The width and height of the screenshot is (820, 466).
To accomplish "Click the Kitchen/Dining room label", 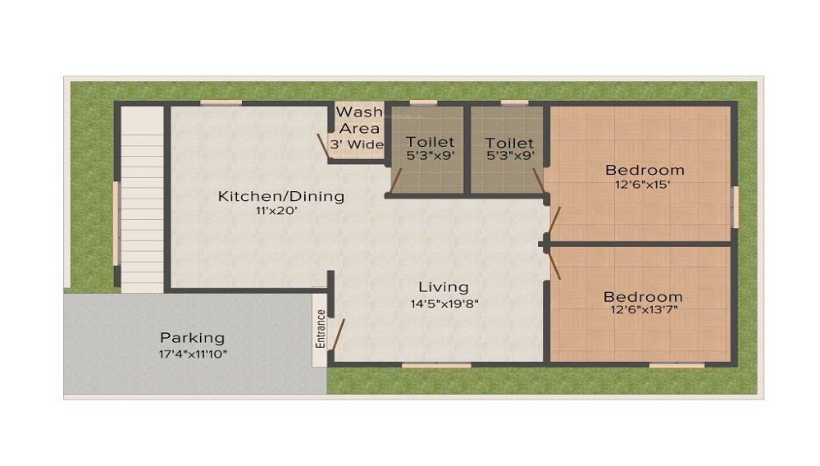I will (x=280, y=196).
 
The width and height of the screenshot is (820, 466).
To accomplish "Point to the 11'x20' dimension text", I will (x=276, y=211).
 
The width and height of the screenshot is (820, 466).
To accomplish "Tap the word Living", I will (x=444, y=287).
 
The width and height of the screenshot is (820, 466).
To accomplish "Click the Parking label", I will (x=192, y=337).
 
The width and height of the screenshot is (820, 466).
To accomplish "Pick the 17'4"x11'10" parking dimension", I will (x=192, y=354).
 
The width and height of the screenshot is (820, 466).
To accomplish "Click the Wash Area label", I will (x=359, y=120).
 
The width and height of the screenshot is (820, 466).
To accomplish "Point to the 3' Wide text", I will (x=357, y=144).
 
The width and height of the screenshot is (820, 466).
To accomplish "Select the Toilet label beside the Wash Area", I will (x=430, y=142).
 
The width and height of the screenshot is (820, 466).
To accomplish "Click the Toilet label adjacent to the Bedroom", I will (x=508, y=142).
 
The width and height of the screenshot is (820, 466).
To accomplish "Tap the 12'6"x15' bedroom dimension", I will (x=645, y=185).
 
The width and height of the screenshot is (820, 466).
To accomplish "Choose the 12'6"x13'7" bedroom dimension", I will (x=643, y=310).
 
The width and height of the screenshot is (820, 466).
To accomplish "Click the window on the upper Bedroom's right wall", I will (x=736, y=207).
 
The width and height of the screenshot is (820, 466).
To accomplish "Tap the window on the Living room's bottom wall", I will (x=436, y=364).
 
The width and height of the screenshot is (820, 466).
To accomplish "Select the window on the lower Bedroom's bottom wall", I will (x=676, y=364).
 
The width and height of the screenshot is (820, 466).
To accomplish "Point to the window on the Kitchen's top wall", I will (x=221, y=103).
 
